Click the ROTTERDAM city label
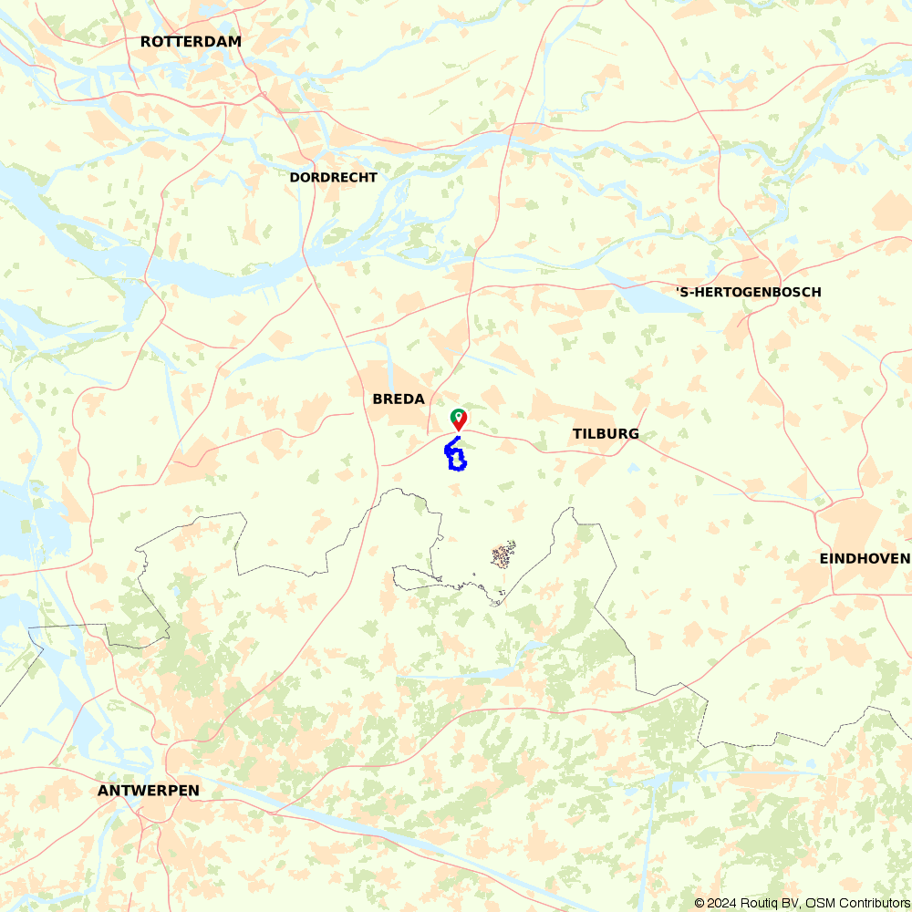pos(191,41)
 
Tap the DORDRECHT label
pos(333,177)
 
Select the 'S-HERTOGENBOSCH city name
pos(749,292)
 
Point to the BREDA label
pos(399,399)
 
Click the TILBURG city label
pos(606,433)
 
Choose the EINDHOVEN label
pos(865,558)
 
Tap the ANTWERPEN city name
pos(148,790)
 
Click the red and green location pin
pos(458,420)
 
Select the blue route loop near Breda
pos(455,455)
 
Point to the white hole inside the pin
pos(458,415)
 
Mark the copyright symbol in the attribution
pos(700,903)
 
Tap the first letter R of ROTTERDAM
pos(146,41)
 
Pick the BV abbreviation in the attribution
pos(790,903)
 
